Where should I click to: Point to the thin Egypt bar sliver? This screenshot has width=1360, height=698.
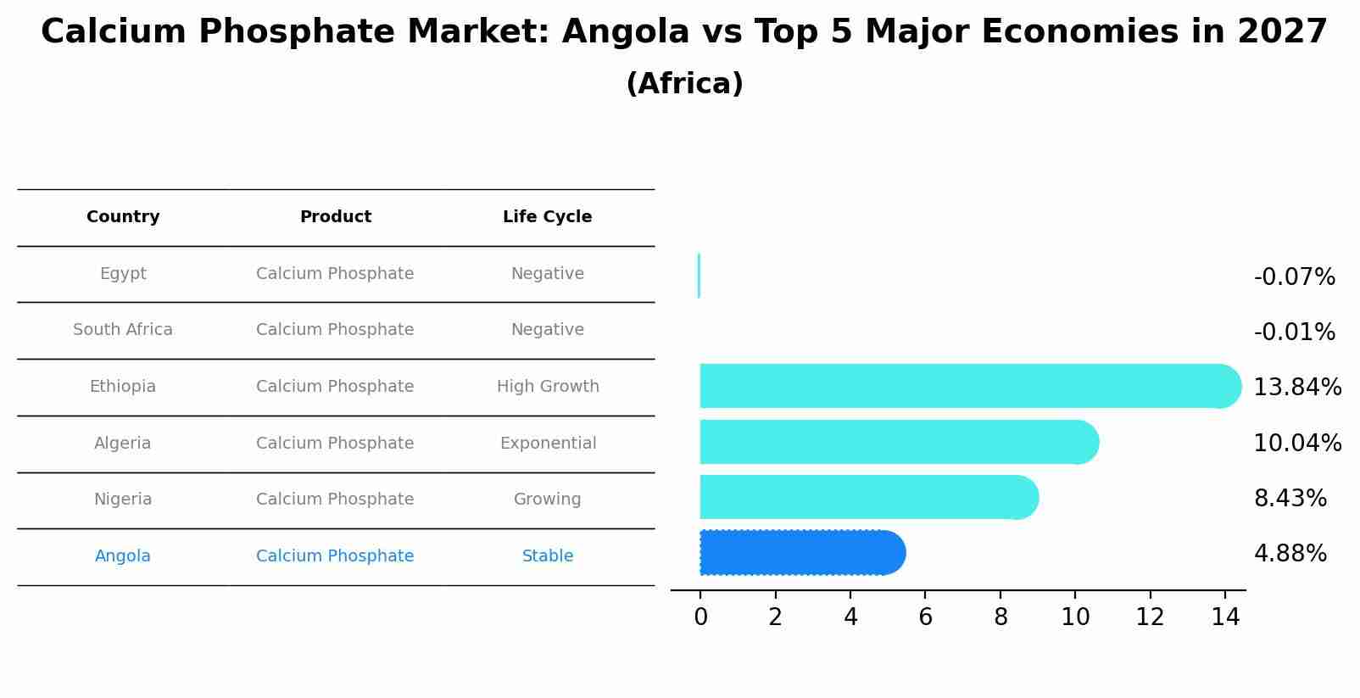pyautogui.click(x=699, y=276)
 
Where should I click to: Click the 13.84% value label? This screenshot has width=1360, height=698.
pyautogui.click(x=1296, y=388)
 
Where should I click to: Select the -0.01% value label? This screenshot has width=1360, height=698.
pyautogui.click(x=1294, y=332)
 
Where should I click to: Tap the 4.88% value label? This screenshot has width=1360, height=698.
pyautogui.click(x=1290, y=554)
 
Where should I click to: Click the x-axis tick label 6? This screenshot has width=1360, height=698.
pyautogui.click(x=925, y=617)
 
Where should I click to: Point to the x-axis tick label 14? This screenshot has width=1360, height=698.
pyautogui.click(x=1225, y=617)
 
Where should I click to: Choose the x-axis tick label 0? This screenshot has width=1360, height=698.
pyautogui.click(x=700, y=617)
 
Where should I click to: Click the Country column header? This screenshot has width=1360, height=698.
pyautogui.click(x=123, y=217)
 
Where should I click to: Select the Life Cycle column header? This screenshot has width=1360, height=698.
pyautogui.click(x=547, y=217)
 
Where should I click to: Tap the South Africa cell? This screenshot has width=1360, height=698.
pyautogui.click(x=123, y=330)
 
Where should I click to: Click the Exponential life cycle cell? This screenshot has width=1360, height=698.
pyautogui.click(x=548, y=444)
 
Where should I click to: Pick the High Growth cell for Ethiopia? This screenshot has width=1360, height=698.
pyautogui.click(x=548, y=387)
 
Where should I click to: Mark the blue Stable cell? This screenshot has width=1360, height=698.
pyautogui.click(x=548, y=556)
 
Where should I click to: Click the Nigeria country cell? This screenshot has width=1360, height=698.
pyautogui.click(x=123, y=500)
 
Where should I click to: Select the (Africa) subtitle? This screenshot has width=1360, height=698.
pyautogui.click(x=684, y=84)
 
